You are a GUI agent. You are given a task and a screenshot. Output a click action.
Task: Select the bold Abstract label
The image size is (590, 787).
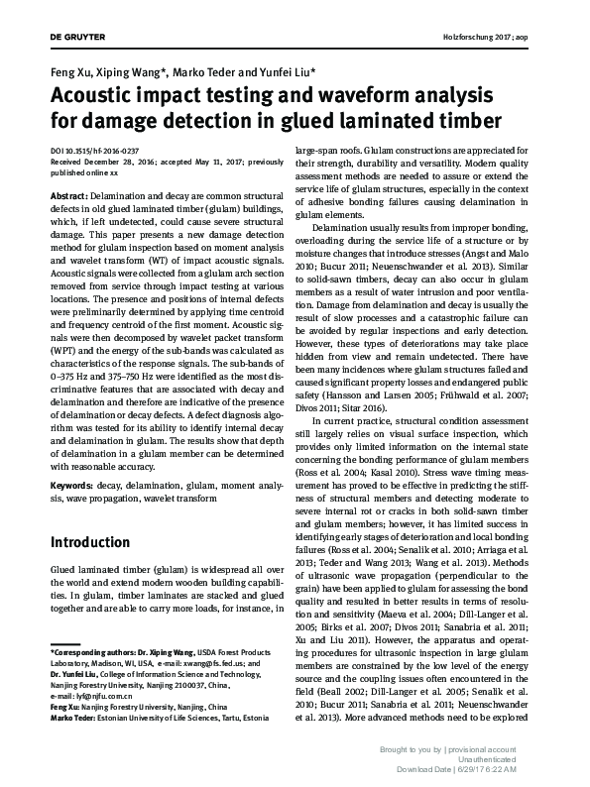(69, 196)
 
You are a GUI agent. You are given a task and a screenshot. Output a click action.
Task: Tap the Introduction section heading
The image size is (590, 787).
(96, 543)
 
